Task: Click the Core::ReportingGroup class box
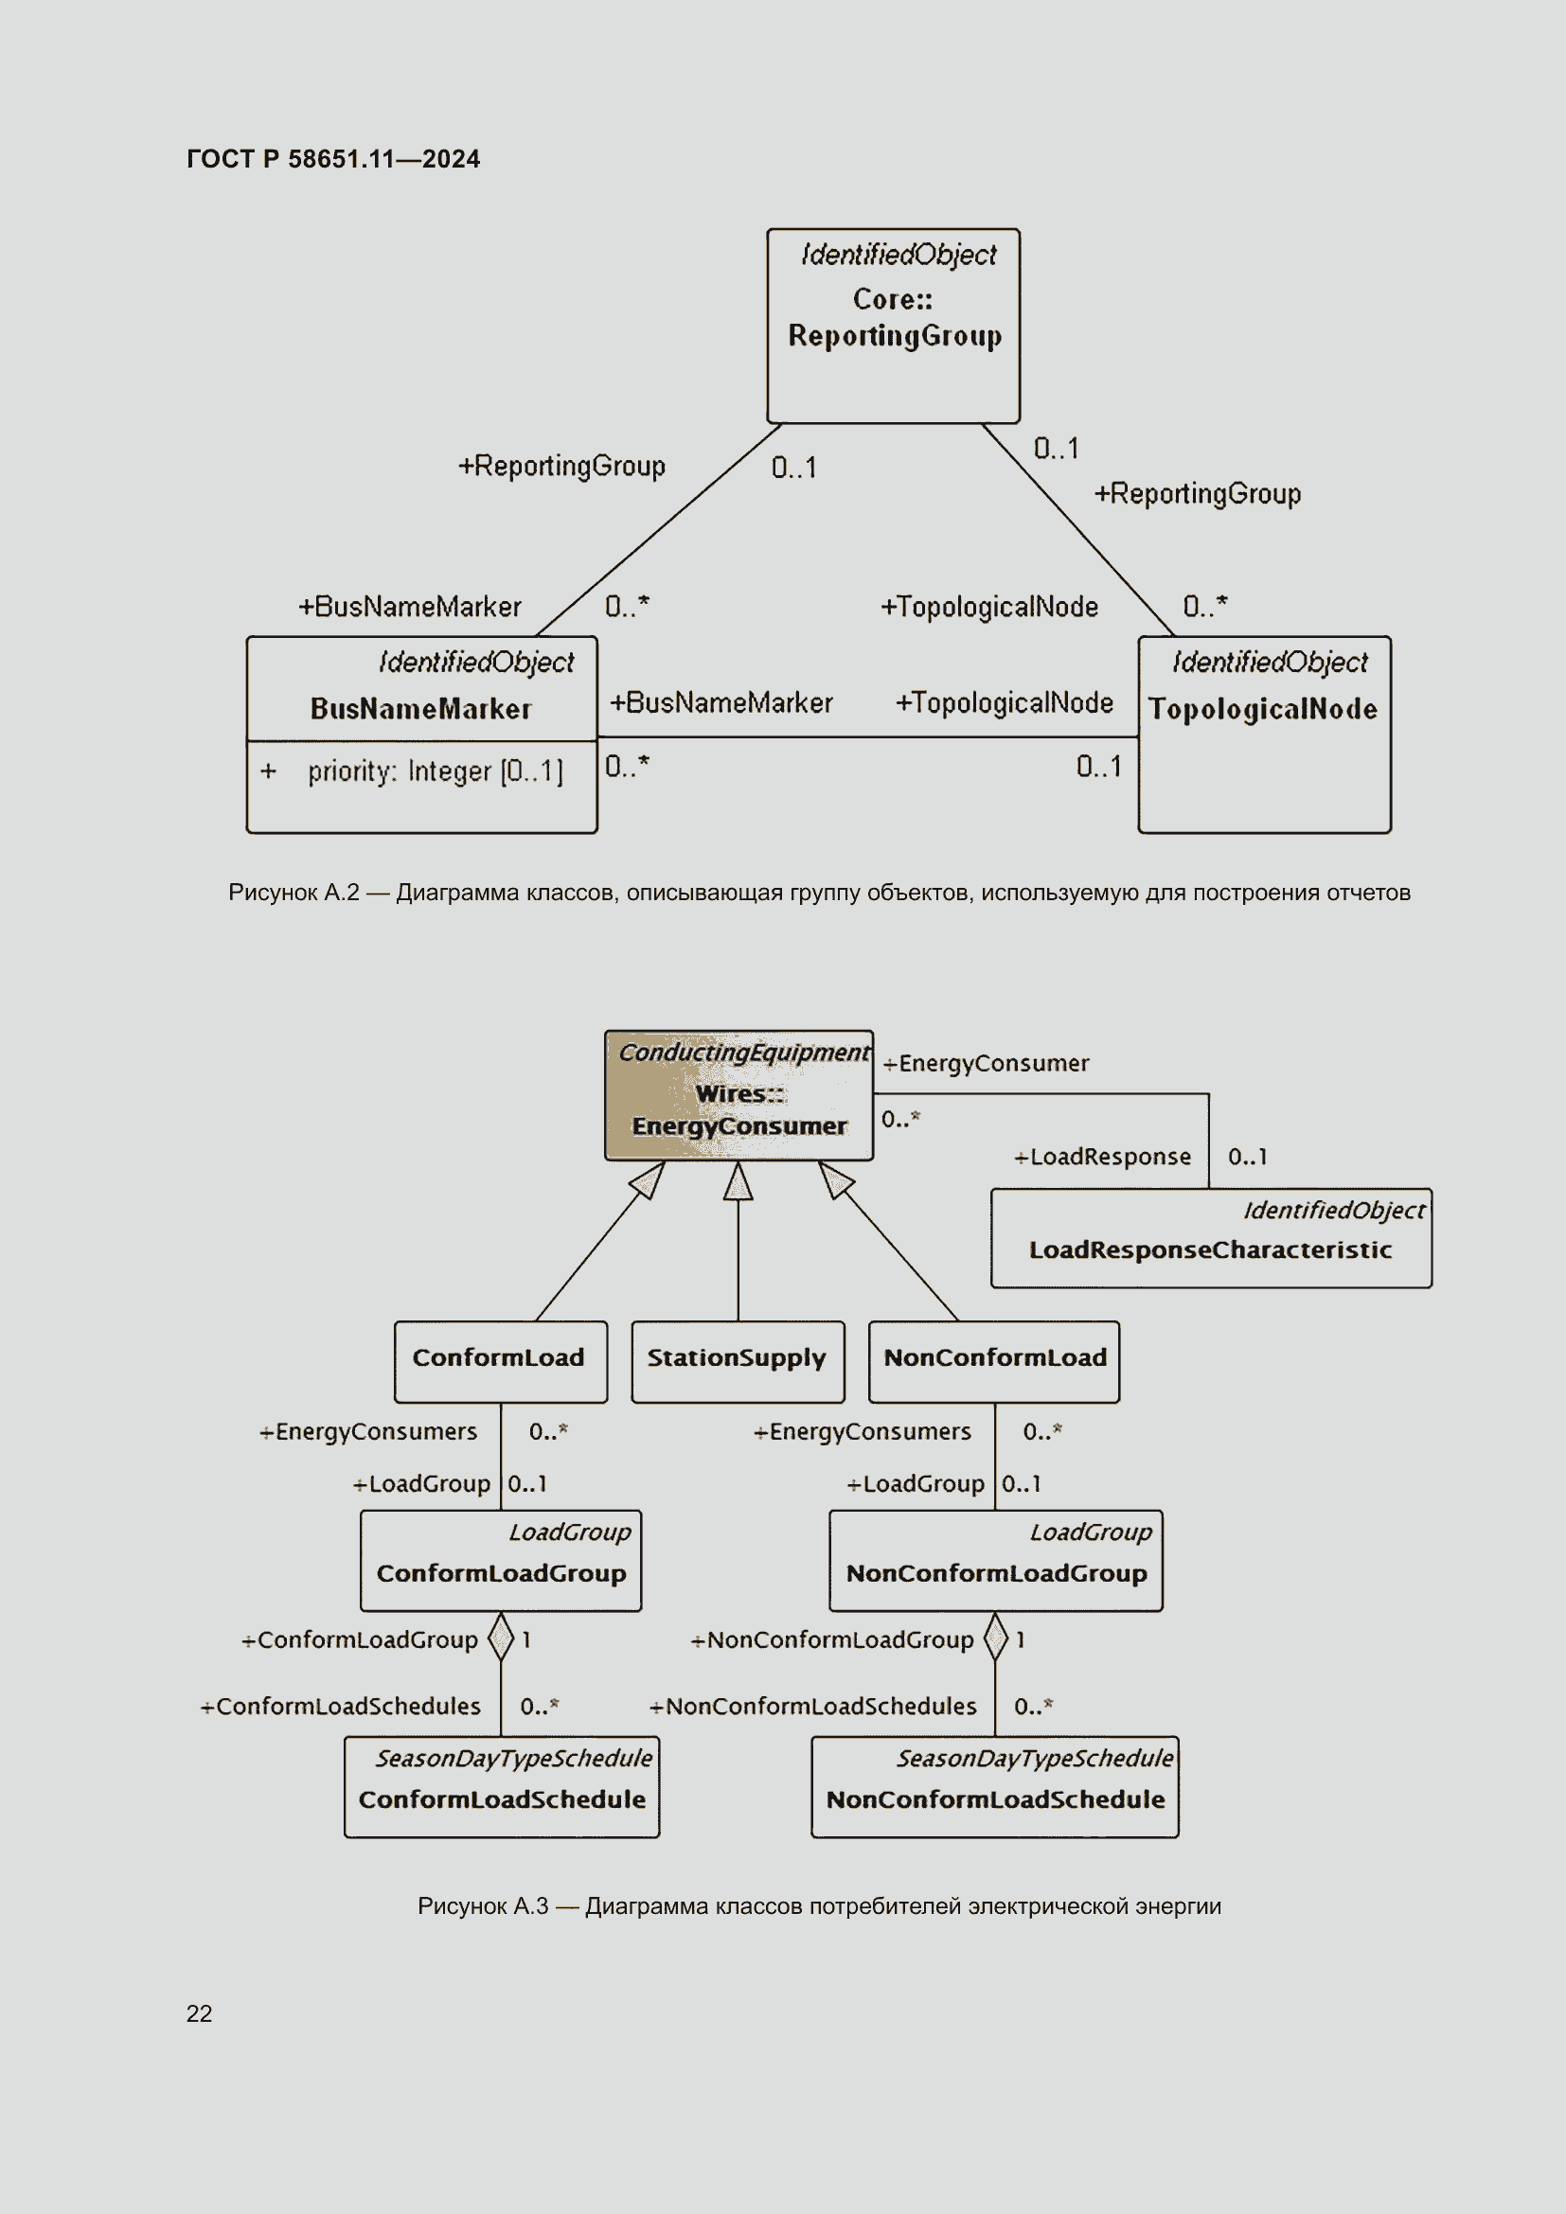click(x=893, y=326)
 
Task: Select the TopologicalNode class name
click(x=1262, y=710)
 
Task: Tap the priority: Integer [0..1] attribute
click(x=435, y=771)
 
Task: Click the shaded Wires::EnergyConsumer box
click(x=739, y=1096)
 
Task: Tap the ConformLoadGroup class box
click(x=501, y=1560)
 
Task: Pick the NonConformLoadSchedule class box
click(x=994, y=1787)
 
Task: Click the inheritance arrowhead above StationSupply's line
click(x=738, y=1181)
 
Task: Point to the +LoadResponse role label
click(x=1102, y=1156)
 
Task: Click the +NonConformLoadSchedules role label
click(x=813, y=1706)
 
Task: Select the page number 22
click(x=199, y=2013)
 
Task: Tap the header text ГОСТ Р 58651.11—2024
click(x=332, y=159)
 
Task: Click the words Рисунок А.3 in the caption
click(x=482, y=1906)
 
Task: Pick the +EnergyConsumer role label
click(x=986, y=1064)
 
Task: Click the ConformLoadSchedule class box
click(x=502, y=1787)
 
